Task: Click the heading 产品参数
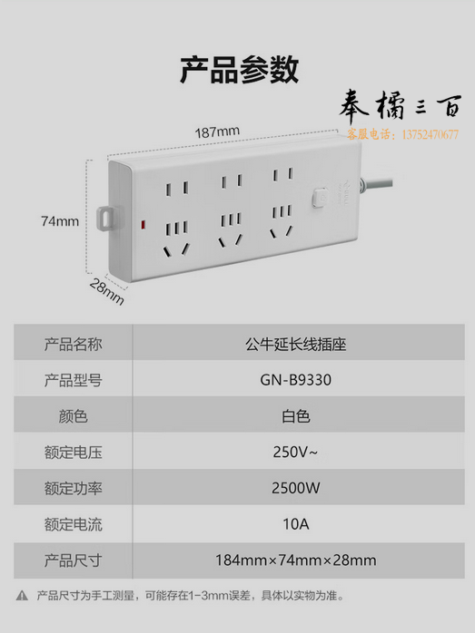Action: coord(239,70)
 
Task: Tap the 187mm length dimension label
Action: coord(217,131)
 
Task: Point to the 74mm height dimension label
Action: coord(60,221)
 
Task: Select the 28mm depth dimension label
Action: coord(107,291)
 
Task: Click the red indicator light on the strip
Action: coord(143,225)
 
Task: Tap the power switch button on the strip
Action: coord(320,198)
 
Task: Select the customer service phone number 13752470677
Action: coord(430,134)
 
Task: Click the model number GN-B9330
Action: coord(295,380)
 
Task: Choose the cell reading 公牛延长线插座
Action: coord(295,345)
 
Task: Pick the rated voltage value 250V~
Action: coord(295,453)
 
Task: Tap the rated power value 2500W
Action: coord(295,488)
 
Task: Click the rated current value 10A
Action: coord(295,524)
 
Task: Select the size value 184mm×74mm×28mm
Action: coord(295,560)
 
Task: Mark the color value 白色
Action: coord(295,416)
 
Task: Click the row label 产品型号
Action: coord(74,380)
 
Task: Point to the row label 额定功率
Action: coord(74,488)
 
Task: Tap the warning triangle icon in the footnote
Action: coord(22,596)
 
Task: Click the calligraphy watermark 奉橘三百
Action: coord(400,106)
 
